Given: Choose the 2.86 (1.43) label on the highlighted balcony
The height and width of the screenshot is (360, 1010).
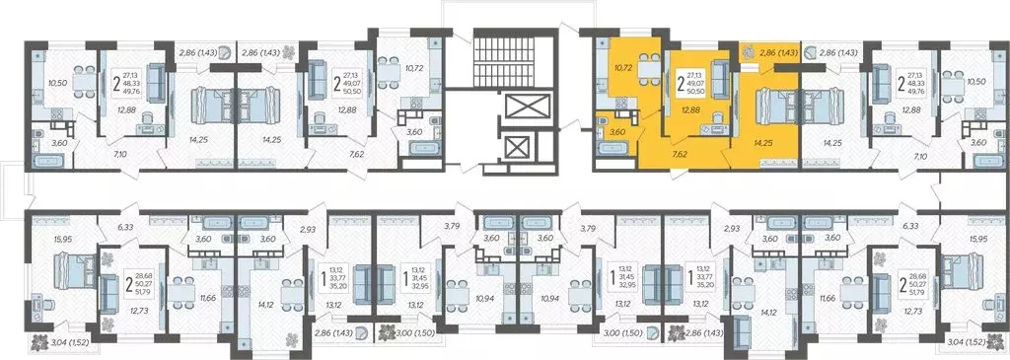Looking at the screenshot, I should (776, 48).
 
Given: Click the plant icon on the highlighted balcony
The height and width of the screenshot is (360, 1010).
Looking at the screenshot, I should (747, 49).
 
